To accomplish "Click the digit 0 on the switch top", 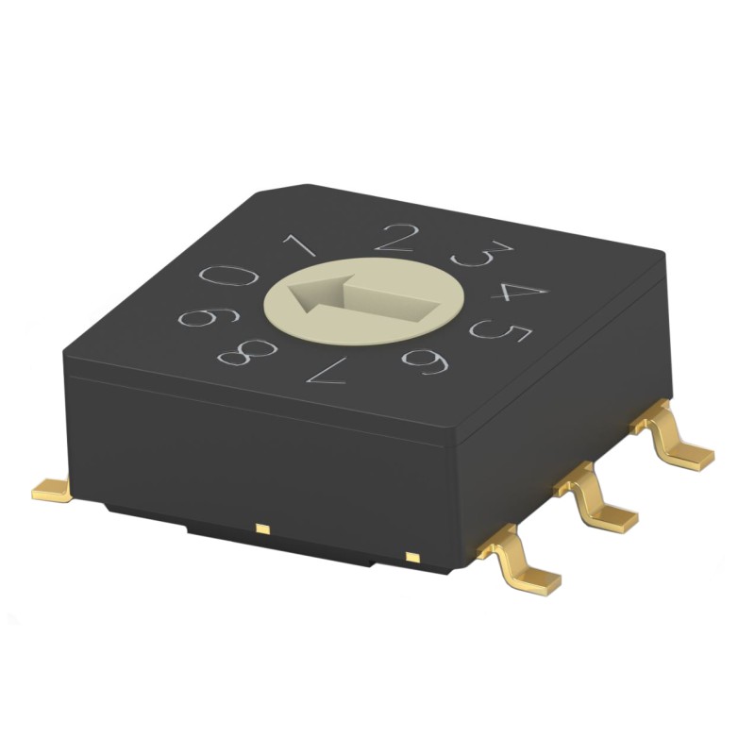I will point(228,277).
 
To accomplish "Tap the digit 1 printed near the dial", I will point(301,247).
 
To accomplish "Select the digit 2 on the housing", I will point(396,237).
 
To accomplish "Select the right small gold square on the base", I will point(411,556).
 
